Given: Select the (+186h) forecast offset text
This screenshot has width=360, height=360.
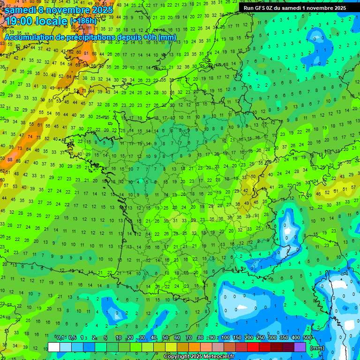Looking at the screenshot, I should (84, 21).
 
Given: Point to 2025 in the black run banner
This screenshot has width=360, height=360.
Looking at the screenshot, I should (338, 7).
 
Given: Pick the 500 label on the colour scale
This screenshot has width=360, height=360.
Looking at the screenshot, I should (307, 337).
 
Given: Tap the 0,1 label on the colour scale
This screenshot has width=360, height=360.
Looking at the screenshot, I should (60, 337).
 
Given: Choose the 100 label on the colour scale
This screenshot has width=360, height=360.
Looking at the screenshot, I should (225, 337).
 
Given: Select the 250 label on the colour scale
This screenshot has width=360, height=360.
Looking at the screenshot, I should (261, 337).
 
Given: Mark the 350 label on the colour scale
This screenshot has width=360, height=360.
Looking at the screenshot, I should (284, 337).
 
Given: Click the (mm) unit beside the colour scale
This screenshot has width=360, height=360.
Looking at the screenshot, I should (317, 348).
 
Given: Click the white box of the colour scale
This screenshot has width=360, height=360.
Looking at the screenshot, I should (54, 347).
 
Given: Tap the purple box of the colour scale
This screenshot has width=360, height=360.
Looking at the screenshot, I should (300, 347).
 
